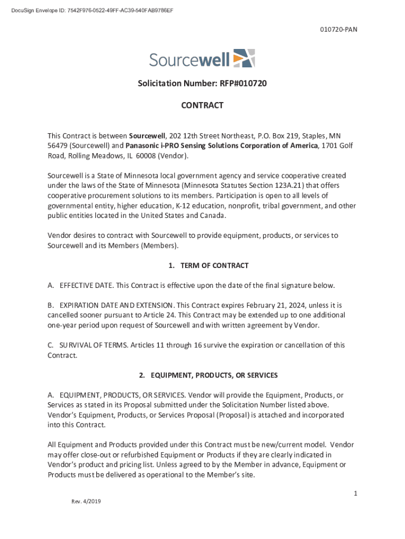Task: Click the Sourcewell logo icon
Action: coord(244,58)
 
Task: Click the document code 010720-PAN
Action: coord(339,29)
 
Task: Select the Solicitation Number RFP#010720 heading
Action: coord(202,83)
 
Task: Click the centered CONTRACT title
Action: coord(202,105)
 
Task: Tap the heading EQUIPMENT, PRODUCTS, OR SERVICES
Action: coord(214,375)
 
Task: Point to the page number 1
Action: coord(356,493)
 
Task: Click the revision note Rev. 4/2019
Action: coord(86,501)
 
